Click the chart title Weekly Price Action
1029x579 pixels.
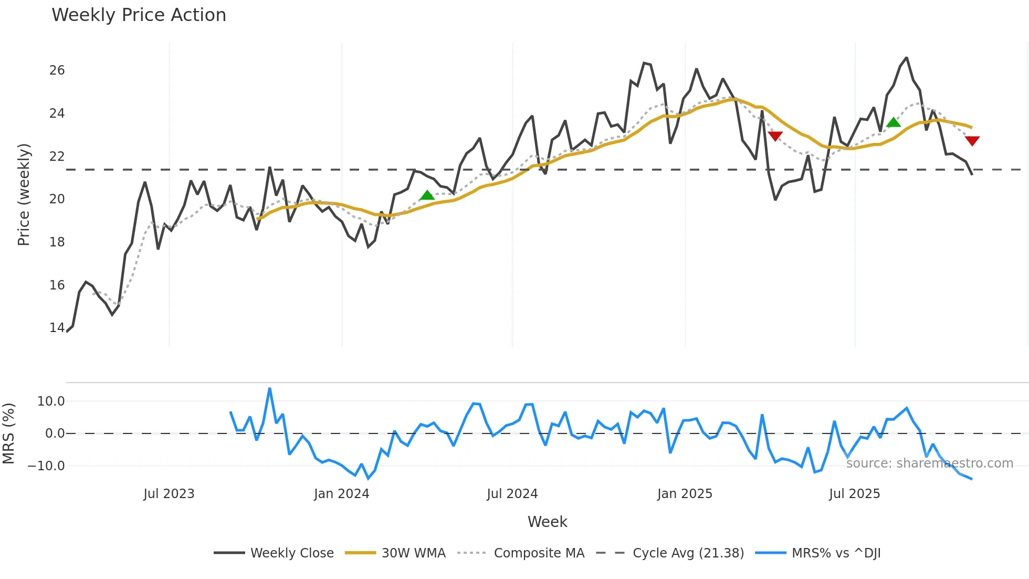pyautogui.click(x=139, y=15)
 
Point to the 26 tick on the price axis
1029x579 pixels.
pyautogui.click(x=57, y=70)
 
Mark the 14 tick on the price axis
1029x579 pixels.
pyautogui.click(x=57, y=328)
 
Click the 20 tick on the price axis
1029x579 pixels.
pyautogui.click(x=57, y=199)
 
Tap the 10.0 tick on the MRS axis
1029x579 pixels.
pyautogui.click(x=51, y=401)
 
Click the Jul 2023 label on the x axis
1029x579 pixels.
pyautogui.click(x=169, y=494)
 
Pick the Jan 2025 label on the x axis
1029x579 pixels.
pyautogui.click(x=685, y=494)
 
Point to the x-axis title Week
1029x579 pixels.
pyautogui.click(x=547, y=522)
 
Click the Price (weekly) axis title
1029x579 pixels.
pyautogui.click(x=24, y=194)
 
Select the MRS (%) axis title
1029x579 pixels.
pyautogui.click(x=8, y=433)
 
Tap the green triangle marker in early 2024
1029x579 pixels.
pyautogui.click(x=427, y=195)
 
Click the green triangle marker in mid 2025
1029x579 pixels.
pyautogui.click(x=894, y=122)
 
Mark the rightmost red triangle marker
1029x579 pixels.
pyautogui.click(x=972, y=141)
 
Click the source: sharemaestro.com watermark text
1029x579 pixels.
pyautogui.click(x=929, y=463)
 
